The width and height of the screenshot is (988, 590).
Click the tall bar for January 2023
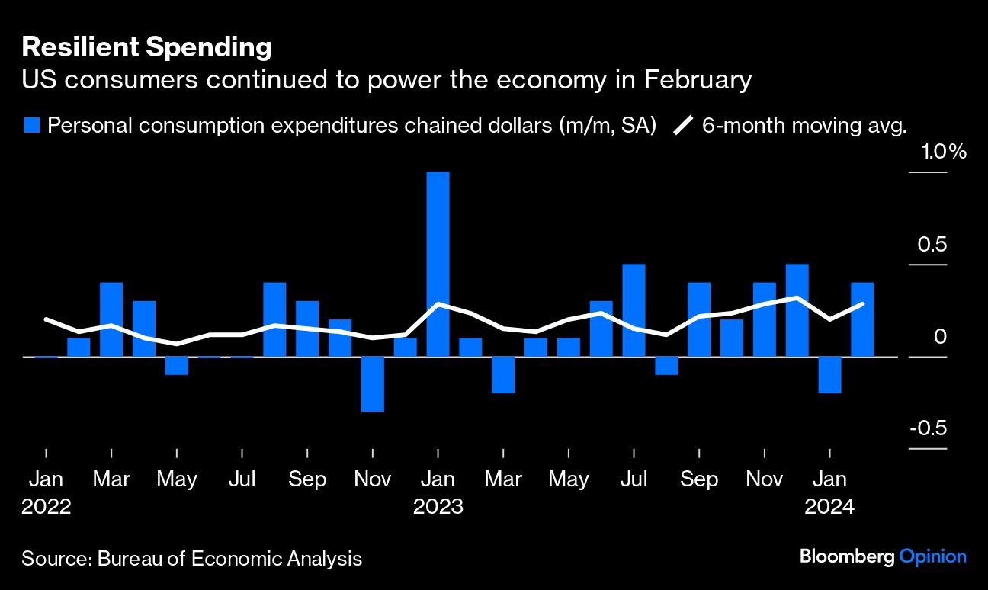438,264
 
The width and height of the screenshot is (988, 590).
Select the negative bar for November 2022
372,383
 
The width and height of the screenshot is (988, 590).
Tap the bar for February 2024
862,319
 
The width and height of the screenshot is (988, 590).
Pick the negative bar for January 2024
829,374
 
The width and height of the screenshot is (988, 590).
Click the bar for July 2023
634,310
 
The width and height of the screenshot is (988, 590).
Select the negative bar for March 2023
503,374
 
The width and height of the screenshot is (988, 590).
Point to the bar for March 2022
111,319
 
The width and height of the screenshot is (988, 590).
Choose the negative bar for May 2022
177,365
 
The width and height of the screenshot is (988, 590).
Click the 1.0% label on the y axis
944,152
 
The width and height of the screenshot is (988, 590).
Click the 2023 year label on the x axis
438,507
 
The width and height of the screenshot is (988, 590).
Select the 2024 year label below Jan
830,507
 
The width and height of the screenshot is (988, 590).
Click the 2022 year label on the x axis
47,507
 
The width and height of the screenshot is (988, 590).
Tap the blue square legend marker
31,125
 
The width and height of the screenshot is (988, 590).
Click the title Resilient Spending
146,47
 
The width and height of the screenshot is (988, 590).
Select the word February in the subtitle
689,80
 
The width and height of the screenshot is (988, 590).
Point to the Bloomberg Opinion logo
883,556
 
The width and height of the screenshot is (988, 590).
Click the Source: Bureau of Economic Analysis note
191,559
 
